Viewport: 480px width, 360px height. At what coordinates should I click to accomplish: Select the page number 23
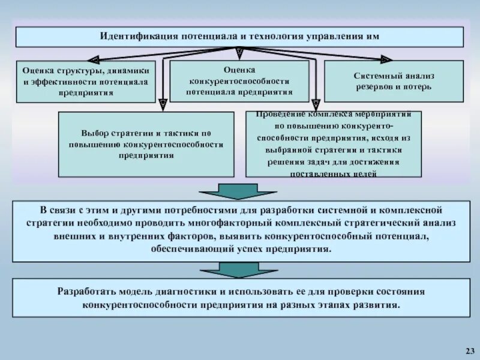(x=469, y=350)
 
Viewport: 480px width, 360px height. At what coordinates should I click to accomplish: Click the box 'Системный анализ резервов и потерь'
(x=394, y=81)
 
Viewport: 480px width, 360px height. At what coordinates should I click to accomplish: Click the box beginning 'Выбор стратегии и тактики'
(x=146, y=144)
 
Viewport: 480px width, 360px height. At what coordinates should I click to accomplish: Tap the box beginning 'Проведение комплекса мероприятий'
(x=334, y=144)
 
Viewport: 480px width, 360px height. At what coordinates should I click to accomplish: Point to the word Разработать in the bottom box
(x=86, y=292)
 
